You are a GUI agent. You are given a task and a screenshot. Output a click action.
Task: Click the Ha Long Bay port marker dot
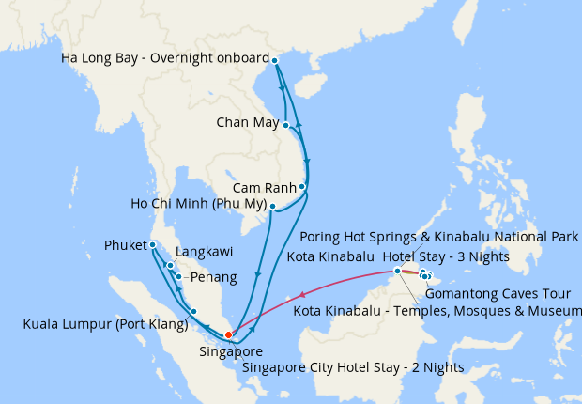point(275,60)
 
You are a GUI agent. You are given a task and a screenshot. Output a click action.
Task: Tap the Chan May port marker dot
point(286,124)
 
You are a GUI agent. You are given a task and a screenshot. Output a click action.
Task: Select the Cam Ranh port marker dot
point(302,187)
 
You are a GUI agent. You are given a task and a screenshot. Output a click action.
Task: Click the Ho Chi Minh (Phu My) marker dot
point(272,206)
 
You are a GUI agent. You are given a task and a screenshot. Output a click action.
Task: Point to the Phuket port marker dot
point(152,245)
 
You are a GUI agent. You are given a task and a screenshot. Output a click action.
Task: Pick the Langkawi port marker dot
point(170,265)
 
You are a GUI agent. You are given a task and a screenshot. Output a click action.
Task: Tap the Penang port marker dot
point(178,276)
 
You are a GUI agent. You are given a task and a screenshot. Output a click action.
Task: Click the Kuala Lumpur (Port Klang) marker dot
point(193,311)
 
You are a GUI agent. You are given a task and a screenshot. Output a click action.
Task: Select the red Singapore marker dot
point(228,334)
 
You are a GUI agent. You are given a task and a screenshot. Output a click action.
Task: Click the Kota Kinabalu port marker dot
point(397,271)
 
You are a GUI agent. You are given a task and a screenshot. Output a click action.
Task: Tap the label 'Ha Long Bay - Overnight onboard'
point(164,58)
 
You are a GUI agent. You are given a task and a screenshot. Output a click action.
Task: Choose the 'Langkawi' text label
point(206,254)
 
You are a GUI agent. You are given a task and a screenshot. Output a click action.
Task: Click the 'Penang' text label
point(212,278)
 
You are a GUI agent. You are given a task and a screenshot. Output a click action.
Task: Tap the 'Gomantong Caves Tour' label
point(504,294)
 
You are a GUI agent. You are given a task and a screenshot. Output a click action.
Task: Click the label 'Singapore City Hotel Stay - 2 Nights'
point(352,366)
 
